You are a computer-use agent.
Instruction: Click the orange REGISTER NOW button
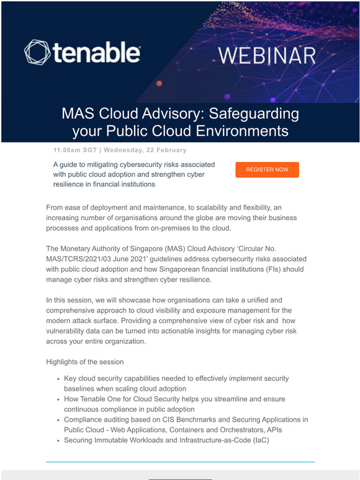pyautogui.click(x=267, y=169)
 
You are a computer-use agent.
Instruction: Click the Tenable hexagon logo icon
pyautogui.click(x=37, y=53)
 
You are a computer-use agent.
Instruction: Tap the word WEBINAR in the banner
pyautogui.click(x=268, y=56)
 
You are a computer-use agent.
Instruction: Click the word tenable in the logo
pyautogui.click(x=96, y=52)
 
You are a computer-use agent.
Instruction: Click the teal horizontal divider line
pyautogui.click(x=180, y=461)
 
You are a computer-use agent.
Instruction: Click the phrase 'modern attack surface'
pyautogui.click(x=84, y=321)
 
